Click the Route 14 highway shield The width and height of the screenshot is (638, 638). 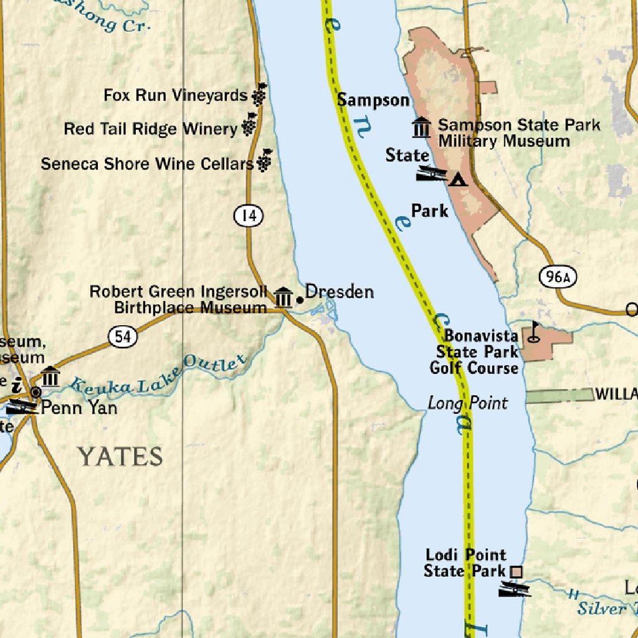pos(249,216)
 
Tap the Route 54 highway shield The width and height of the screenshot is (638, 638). pos(122,336)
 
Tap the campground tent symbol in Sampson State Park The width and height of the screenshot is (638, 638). pos(458,179)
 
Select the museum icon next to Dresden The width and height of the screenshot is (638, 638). pos(283,297)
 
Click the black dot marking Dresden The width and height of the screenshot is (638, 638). pos(300,300)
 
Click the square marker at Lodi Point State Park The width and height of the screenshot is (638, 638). pos(516,571)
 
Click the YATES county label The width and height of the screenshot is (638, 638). pos(120,457)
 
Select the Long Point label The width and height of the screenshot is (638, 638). pos(467,403)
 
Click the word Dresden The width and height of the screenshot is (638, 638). pos(340,292)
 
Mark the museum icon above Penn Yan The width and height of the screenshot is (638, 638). pos(50,376)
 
